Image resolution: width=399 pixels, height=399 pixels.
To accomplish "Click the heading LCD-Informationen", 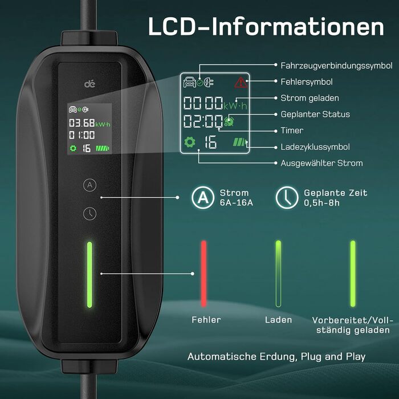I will [266, 27].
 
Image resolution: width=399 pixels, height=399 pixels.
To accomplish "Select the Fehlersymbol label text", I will [307, 82].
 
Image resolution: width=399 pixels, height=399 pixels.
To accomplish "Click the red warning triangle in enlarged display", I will [241, 83].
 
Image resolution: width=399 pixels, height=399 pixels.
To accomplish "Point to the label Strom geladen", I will [310, 98].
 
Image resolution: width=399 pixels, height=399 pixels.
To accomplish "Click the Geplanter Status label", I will [315, 114].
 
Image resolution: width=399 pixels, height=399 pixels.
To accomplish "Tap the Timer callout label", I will [292, 131].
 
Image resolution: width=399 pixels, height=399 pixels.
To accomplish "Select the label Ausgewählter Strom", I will [321, 163].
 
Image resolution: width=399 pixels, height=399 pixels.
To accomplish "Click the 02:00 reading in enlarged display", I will [202, 121].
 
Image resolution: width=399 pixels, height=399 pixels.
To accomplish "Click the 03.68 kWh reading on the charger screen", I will [82, 123].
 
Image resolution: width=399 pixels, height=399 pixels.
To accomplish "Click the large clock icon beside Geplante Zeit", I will [286, 198].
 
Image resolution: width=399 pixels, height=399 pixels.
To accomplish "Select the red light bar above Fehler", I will [203, 274].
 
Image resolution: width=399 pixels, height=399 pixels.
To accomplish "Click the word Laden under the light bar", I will [279, 320].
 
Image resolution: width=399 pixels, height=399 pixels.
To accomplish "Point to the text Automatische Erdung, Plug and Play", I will [276, 357].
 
